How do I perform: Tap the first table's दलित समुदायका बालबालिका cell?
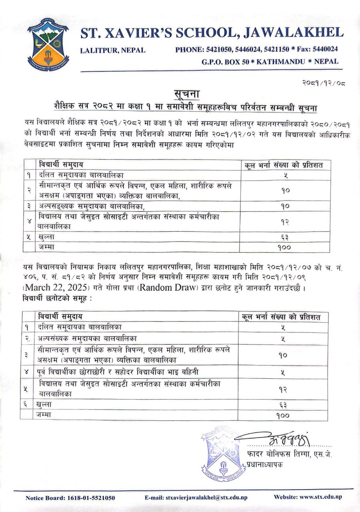tap(82, 175)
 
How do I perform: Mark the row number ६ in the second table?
tap(26, 405)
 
